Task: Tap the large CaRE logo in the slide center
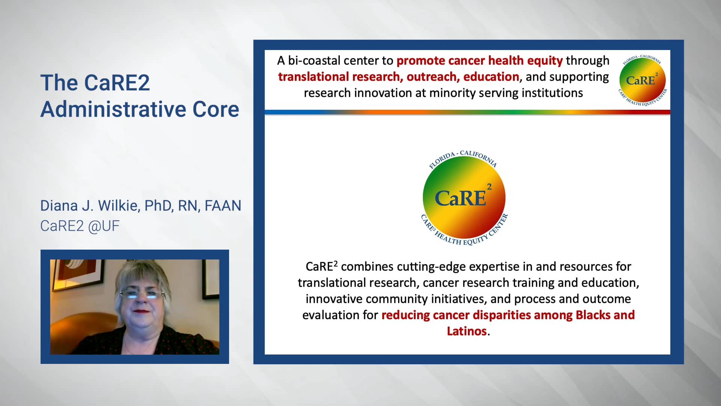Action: [464, 197]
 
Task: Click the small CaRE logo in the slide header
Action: [642, 80]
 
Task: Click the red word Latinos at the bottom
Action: [467, 331]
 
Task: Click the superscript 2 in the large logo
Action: [489, 186]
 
